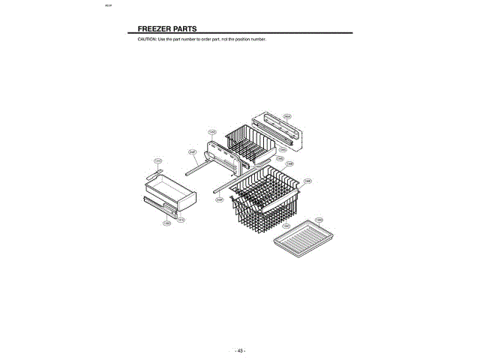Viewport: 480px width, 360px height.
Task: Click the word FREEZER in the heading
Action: tap(154, 29)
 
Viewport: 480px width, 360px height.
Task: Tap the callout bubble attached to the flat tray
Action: tap(319, 220)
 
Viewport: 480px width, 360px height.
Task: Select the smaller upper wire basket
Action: tap(252, 142)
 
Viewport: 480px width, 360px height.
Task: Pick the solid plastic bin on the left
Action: tap(169, 194)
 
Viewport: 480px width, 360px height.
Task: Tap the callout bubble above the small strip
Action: tap(158, 160)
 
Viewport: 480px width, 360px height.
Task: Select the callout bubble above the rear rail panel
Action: tap(287, 116)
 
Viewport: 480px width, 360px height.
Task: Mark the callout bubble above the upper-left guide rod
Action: tap(193, 151)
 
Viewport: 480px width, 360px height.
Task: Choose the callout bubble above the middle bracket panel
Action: tap(212, 132)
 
